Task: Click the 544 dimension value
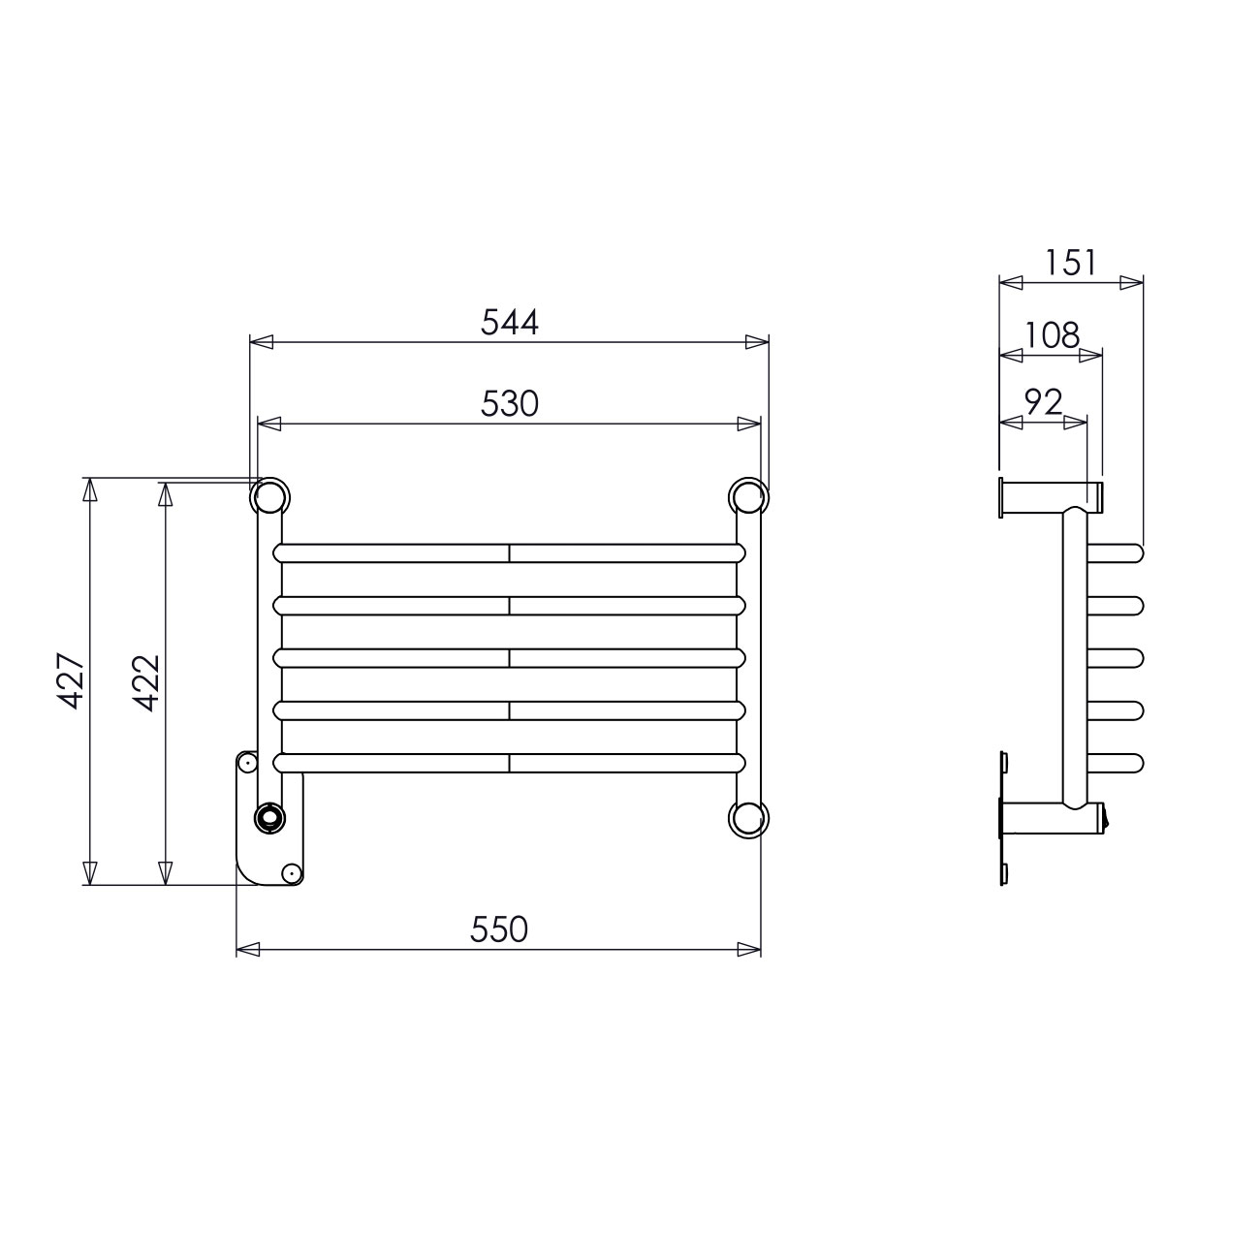[x=510, y=322]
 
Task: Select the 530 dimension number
[x=510, y=403]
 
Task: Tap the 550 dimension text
[x=498, y=929]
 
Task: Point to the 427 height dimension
[x=71, y=680]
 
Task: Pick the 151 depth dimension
[x=1070, y=263]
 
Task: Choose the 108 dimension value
[x=1052, y=335]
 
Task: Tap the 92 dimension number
[x=1044, y=403]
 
